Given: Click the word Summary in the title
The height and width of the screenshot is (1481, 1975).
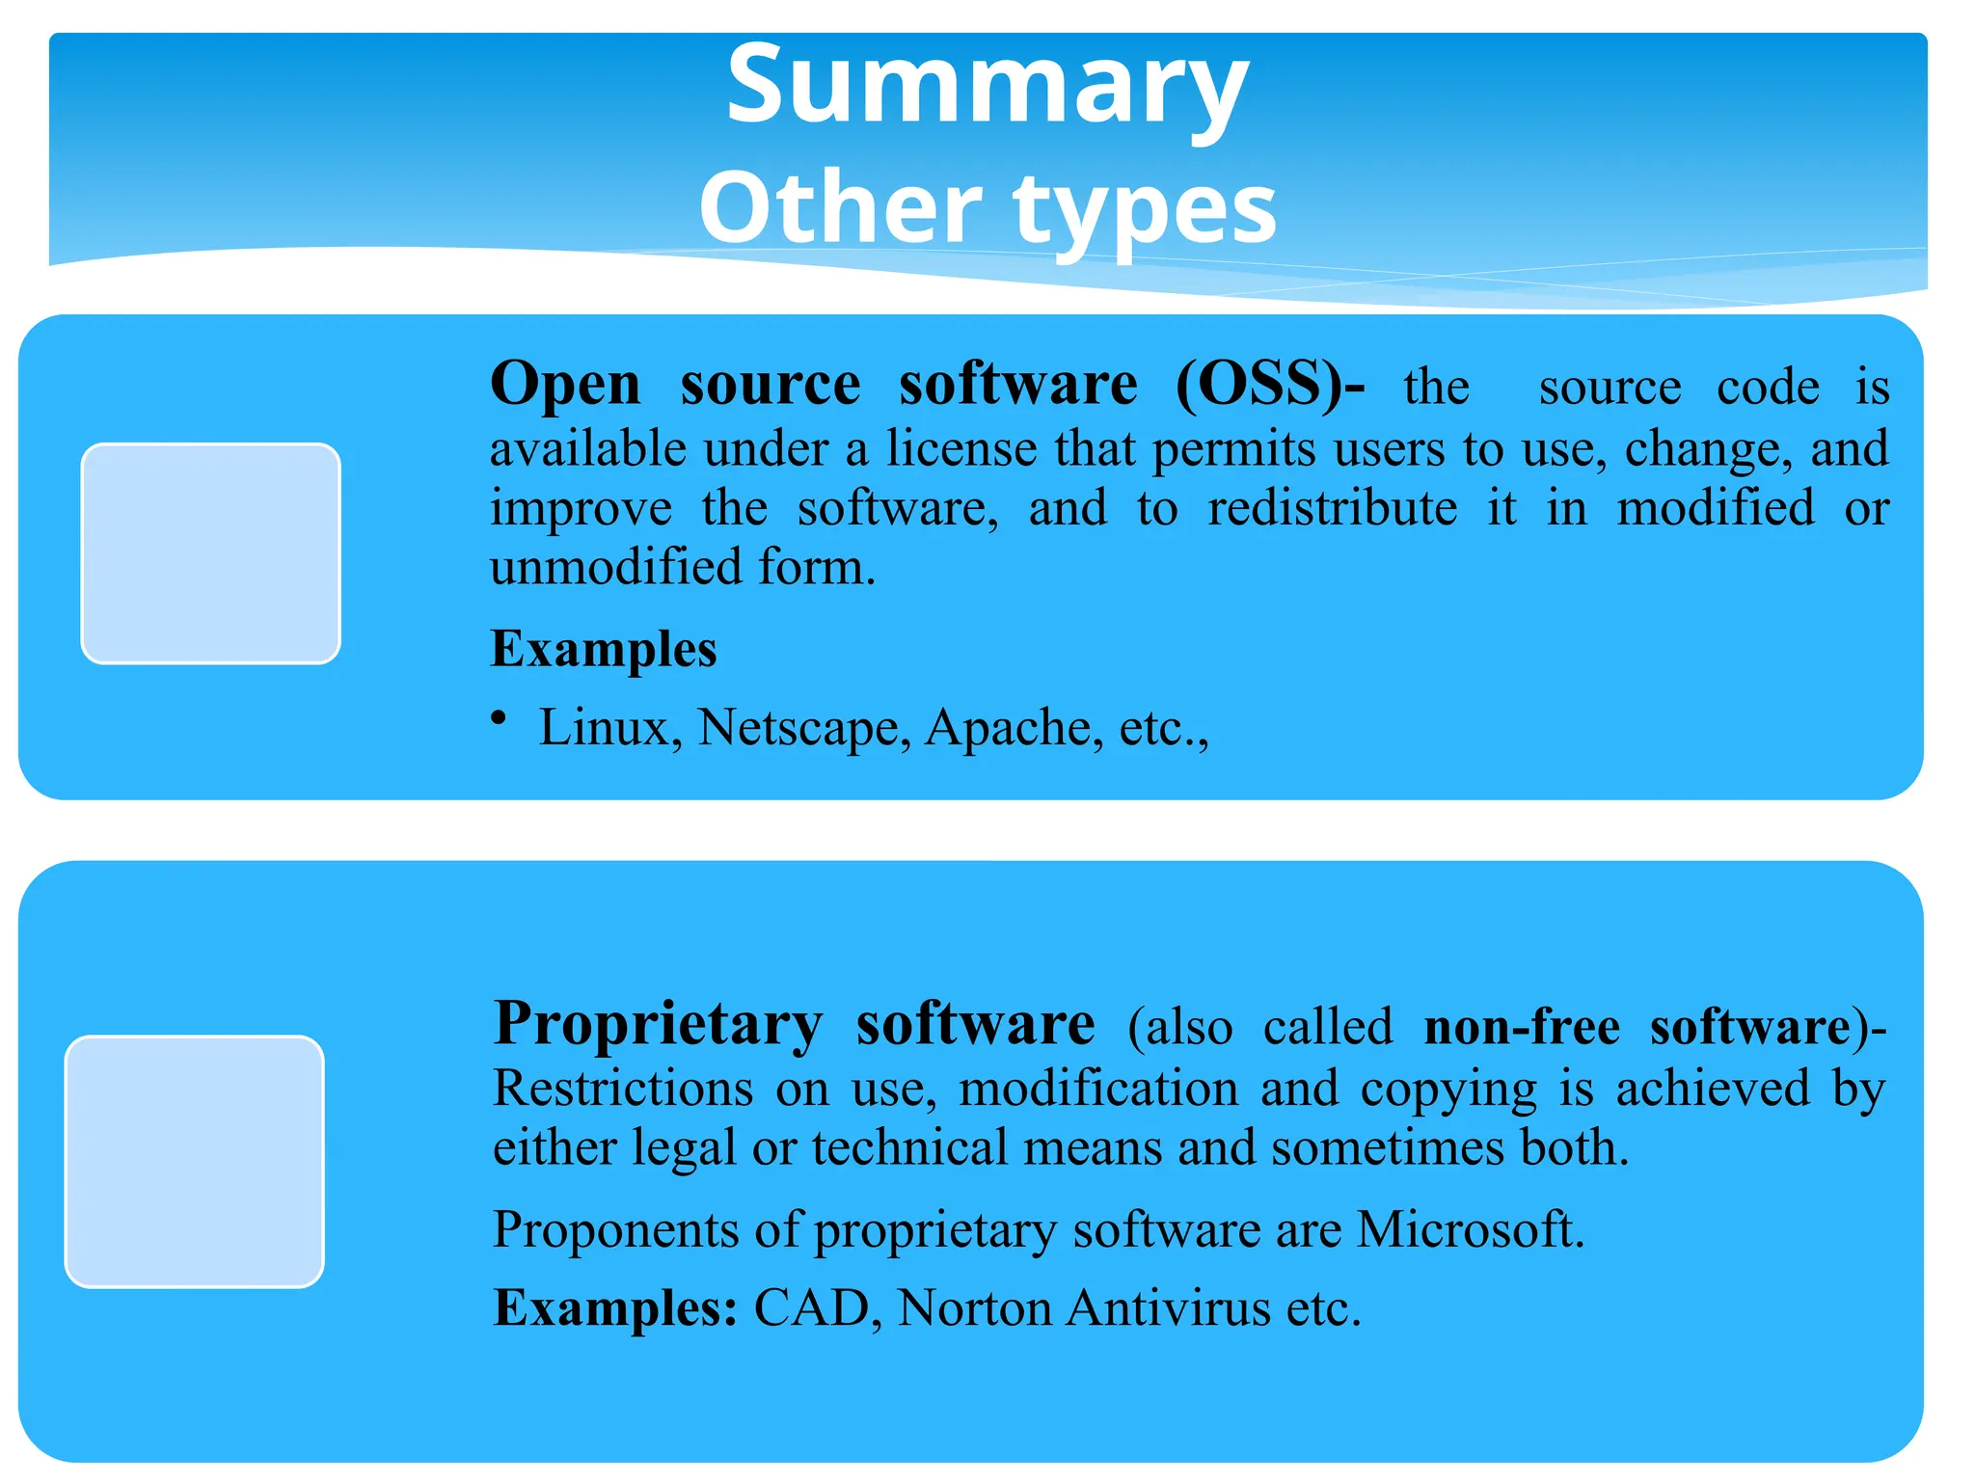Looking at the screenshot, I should coord(987,87).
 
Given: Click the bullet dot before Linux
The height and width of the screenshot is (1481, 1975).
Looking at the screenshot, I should coord(499,717).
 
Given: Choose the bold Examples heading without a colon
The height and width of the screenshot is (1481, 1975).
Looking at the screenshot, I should coord(604,649).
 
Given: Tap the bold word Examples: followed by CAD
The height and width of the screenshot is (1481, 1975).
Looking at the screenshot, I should coord(615,1309).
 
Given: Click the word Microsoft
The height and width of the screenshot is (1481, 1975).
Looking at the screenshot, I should coord(1470,1230).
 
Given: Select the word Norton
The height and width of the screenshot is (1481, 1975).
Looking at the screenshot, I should coord(974,1309).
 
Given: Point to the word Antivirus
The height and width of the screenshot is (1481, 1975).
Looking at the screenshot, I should coord(1169,1309).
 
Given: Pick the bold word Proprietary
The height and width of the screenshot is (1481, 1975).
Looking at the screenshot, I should coord(658,1024).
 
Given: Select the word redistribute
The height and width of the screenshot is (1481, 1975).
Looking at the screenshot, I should coord(1332,508).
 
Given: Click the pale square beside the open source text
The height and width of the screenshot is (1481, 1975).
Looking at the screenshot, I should coord(210,553).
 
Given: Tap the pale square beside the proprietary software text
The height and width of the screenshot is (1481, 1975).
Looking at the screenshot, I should coord(195,1161).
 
